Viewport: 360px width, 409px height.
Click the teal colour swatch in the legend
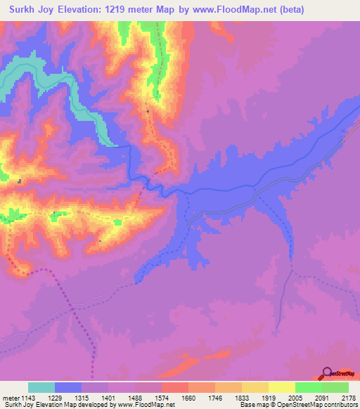coord(41,387)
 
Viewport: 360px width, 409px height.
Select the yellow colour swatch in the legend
coord(282,387)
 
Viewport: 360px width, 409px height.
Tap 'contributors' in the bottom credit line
coord(340,404)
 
